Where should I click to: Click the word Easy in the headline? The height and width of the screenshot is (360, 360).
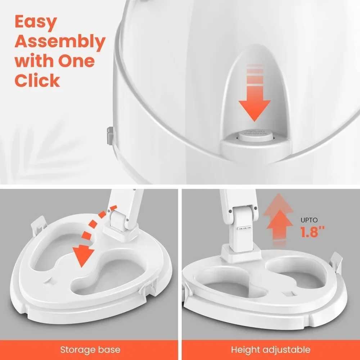click(x=36, y=23)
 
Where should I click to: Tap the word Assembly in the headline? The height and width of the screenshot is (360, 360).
click(x=60, y=42)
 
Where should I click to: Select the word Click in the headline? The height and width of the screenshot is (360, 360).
click(x=37, y=80)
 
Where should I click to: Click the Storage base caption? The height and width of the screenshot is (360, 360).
click(x=90, y=349)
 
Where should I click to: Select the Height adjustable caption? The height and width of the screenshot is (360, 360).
click(x=270, y=349)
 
